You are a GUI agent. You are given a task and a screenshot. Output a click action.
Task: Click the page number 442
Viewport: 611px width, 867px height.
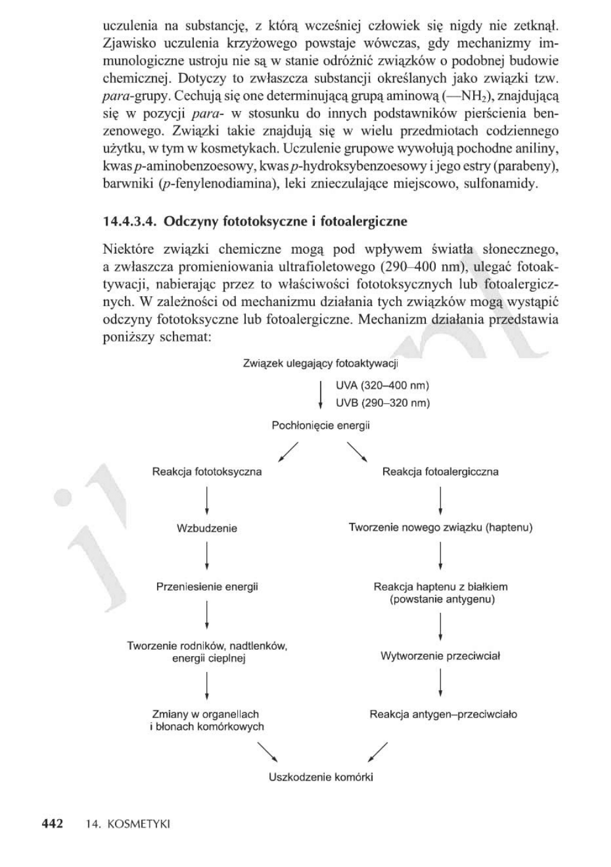pyautogui.click(x=53, y=824)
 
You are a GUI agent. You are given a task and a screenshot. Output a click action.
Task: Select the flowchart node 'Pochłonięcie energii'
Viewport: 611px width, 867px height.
pyautogui.click(x=321, y=425)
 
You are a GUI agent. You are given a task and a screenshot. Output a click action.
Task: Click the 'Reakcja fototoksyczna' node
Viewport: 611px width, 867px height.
pyautogui.click(x=207, y=471)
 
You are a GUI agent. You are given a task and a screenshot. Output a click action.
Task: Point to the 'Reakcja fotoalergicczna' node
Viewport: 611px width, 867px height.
pyautogui.click(x=440, y=471)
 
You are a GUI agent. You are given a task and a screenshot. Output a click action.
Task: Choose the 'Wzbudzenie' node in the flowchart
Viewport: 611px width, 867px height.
pyautogui.click(x=207, y=528)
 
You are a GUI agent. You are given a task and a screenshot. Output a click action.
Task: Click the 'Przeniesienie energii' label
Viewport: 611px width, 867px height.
pyautogui.click(x=207, y=587)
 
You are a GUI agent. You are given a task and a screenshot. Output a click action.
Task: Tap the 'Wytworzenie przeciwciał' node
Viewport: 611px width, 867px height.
pyautogui.click(x=440, y=656)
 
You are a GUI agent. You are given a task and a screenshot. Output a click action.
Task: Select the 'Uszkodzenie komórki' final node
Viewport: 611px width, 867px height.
pyautogui.click(x=321, y=777)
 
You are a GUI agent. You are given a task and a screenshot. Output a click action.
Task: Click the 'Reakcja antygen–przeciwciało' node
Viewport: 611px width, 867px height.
pyautogui.click(x=443, y=714)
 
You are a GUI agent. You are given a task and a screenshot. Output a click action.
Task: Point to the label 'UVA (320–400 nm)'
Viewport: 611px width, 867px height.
pyautogui.click(x=383, y=386)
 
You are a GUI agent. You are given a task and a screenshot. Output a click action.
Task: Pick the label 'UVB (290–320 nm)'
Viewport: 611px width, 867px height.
pyautogui.click(x=383, y=403)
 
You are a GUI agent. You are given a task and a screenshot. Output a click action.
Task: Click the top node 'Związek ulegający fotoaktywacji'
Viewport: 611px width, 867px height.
pyautogui.click(x=320, y=364)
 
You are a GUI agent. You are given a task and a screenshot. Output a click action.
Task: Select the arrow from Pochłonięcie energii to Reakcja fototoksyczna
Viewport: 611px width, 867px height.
pyautogui.click(x=289, y=452)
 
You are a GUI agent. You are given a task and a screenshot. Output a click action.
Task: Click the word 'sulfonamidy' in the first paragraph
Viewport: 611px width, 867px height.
pyautogui.click(x=504, y=185)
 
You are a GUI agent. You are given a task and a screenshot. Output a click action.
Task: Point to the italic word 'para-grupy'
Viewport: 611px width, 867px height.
pyautogui.click(x=136, y=95)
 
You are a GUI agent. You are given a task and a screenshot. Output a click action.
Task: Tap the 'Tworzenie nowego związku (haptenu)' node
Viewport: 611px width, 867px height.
pyautogui.click(x=440, y=528)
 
